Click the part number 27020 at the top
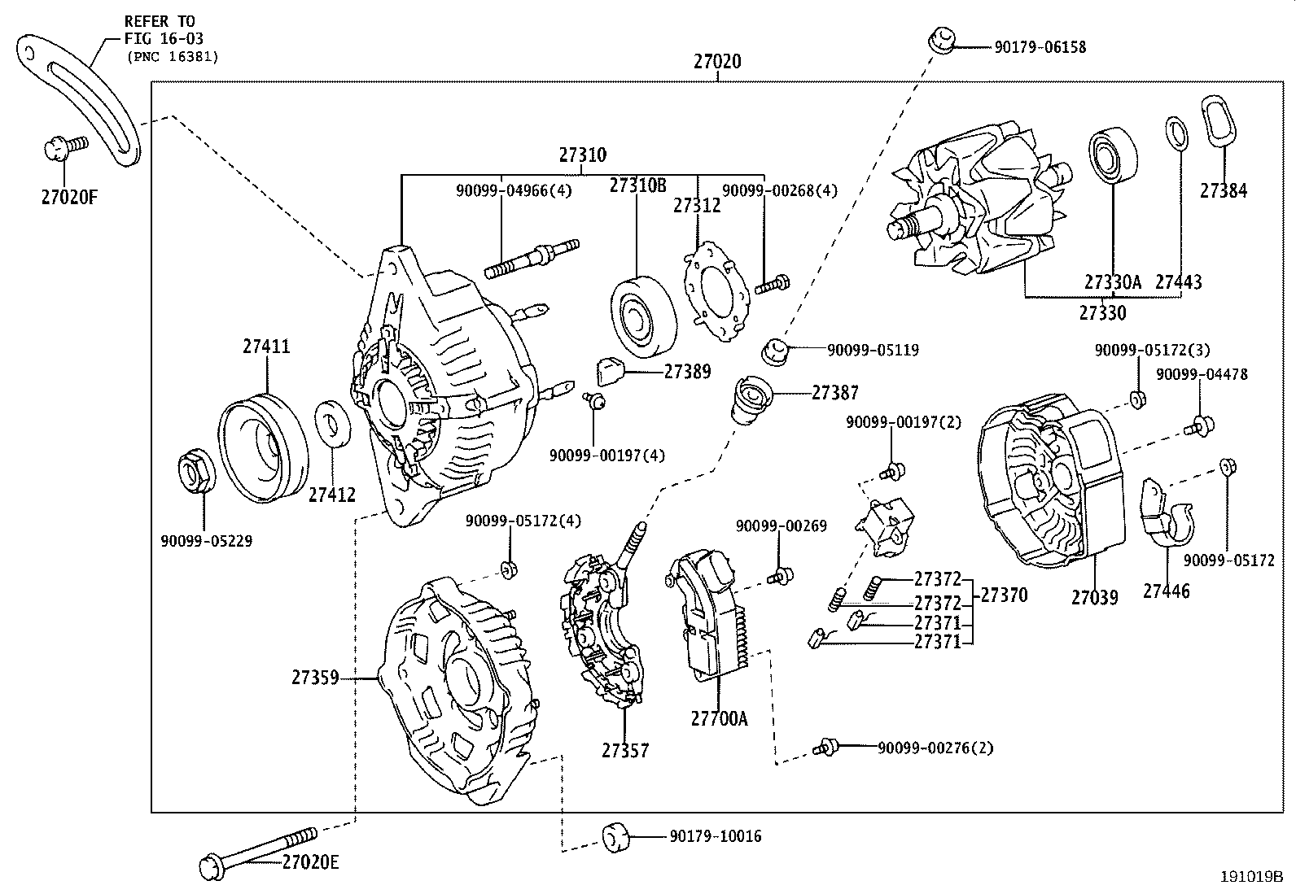pyautogui.click(x=717, y=61)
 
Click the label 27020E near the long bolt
pyautogui.click(x=310, y=861)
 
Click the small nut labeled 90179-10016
pyautogui.click(x=615, y=836)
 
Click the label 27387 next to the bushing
pyautogui.click(x=834, y=393)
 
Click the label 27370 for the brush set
pyautogui.click(x=1004, y=595)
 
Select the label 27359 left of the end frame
pyautogui.click(x=315, y=677)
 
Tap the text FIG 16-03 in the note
pyautogui.click(x=164, y=38)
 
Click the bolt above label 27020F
pyautogui.click(x=65, y=147)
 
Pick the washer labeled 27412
pyautogui.click(x=332, y=423)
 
